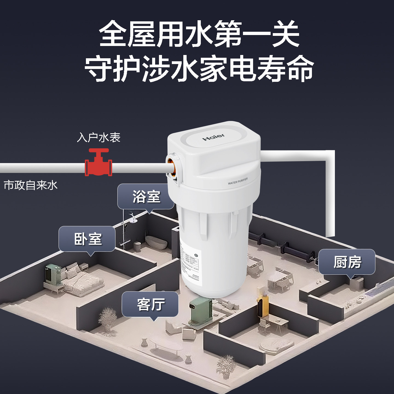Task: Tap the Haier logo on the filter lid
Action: point(213,137)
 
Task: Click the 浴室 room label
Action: point(146,196)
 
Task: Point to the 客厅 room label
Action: point(150,304)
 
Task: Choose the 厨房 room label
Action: point(347,262)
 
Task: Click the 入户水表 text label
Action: point(99,137)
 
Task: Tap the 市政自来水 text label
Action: point(31,185)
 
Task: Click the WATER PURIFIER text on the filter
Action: point(237,181)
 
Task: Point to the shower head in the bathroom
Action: point(132,219)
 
